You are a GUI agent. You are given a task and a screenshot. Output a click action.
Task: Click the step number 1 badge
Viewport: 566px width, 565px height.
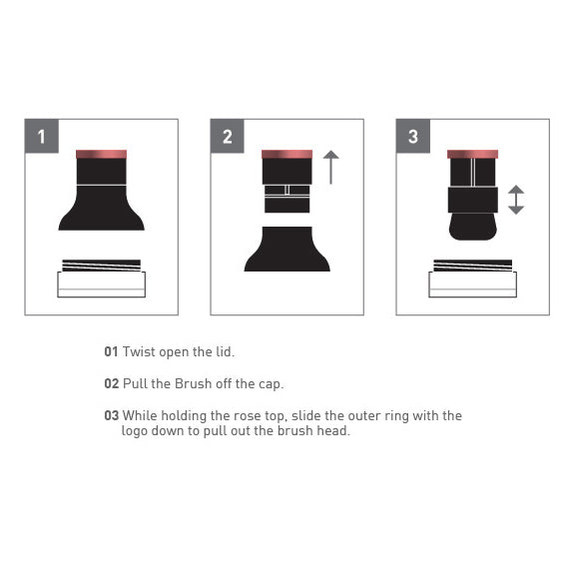pyautogui.click(x=42, y=136)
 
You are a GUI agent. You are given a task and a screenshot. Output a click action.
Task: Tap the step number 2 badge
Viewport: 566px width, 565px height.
pyautogui.click(x=227, y=136)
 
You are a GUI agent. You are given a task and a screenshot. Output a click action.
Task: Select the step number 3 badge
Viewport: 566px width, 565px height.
pyautogui.click(x=413, y=136)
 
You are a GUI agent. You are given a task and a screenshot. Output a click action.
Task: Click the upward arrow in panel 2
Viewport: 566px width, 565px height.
pyautogui.click(x=331, y=167)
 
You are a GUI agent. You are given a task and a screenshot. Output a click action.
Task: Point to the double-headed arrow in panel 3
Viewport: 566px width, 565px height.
pyautogui.click(x=516, y=200)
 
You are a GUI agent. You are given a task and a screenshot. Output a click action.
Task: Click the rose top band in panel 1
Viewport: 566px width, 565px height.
pyautogui.click(x=102, y=154)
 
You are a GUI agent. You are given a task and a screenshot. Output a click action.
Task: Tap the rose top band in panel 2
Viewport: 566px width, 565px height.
pyautogui.click(x=286, y=154)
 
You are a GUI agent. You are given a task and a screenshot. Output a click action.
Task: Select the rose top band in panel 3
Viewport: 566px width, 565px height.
pyautogui.click(x=472, y=154)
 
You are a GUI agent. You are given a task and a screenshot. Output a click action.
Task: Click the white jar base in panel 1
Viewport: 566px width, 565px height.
pyautogui.click(x=102, y=284)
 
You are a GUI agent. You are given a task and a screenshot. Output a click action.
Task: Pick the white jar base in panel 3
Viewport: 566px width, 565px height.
pyautogui.click(x=473, y=284)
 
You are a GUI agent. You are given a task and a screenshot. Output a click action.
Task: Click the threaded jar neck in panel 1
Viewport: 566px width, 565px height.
pyautogui.click(x=102, y=266)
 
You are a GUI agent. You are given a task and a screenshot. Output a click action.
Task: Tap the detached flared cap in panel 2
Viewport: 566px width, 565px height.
pyautogui.click(x=286, y=250)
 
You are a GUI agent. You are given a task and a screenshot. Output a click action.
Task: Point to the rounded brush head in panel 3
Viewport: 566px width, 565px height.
pyautogui.click(x=473, y=227)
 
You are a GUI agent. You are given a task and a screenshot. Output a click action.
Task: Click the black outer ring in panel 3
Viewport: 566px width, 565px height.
pyautogui.click(x=473, y=200)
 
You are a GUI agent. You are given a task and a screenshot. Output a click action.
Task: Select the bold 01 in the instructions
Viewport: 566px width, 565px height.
pyautogui.click(x=111, y=351)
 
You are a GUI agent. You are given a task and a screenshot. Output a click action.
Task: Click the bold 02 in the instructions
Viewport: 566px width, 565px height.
pyautogui.click(x=112, y=383)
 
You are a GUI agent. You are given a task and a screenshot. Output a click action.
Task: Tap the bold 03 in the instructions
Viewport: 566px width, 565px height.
pyautogui.click(x=112, y=415)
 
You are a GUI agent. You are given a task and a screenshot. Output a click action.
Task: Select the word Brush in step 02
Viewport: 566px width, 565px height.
pyautogui.click(x=193, y=383)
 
